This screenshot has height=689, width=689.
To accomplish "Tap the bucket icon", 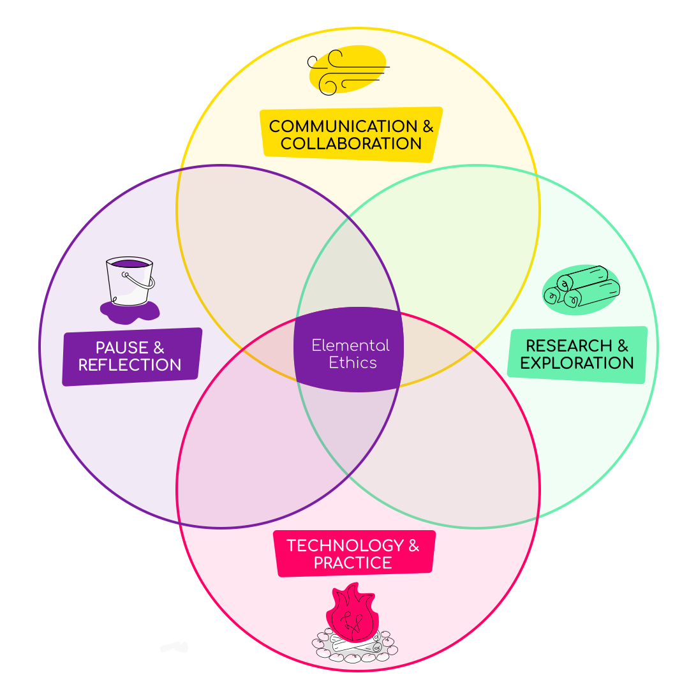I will [x=130, y=281].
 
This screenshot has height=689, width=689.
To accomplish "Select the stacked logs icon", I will [x=582, y=287].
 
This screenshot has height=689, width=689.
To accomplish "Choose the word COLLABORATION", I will [x=351, y=144].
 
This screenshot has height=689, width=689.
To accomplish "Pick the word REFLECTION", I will [x=130, y=365].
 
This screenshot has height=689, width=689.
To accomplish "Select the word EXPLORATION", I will [x=577, y=363].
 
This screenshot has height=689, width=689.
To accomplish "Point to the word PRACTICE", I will [x=353, y=563].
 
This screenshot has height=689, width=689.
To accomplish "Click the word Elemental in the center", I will [x=350, y=346].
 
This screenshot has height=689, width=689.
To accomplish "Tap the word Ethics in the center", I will [x=353, y=363].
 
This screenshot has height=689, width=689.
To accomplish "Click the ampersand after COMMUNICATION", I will [x=427, y=126].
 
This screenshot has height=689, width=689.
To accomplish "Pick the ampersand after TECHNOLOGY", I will [x=413, y=546].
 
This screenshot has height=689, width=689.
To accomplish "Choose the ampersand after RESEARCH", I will [x=623, y=346].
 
